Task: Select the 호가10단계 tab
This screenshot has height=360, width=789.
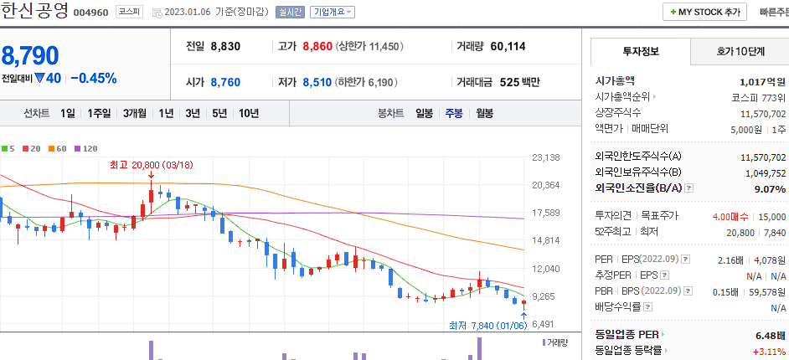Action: (x=740, y=51)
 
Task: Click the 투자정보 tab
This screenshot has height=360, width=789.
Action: (x=641, y=51)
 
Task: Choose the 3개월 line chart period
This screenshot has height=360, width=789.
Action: (x=136, y=113)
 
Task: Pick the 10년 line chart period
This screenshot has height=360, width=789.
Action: (x=248, y=113)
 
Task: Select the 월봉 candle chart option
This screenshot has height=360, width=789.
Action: (x=484, y=113)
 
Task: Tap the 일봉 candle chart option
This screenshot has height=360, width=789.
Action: (x=424, y=113)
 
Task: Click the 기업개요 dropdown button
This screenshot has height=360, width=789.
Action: (x=333, y=13)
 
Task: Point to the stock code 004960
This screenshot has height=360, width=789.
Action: (x=91, y=13)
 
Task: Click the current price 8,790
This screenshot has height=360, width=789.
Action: (x=30, y=56)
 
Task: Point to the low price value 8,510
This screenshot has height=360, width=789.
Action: (x=317, y=82)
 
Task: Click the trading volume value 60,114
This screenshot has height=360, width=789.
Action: (x=508, y=46)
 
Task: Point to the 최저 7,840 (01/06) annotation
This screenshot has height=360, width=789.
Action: (x=487, y=325)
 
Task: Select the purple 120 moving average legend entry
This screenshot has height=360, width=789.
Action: (x=85, y=148)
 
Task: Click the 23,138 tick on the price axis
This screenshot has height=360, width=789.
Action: (x=545, y=157)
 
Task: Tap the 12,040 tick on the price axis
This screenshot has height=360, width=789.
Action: (x=545, y=269)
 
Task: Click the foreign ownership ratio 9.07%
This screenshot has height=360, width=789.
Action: (x=770, y=189)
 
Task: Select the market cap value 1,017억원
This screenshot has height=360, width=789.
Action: (x=762, y=82)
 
